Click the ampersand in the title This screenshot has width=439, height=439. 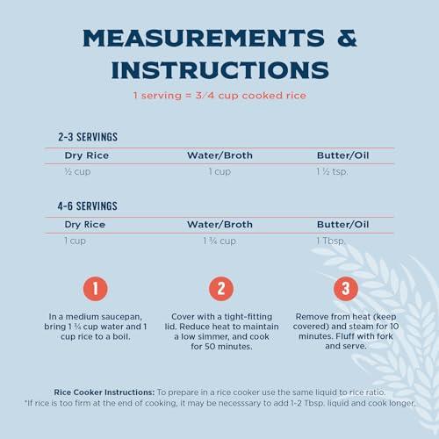click(347, 38)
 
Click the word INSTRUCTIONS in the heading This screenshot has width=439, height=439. click(220, 70)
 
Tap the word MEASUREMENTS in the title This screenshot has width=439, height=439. click(204, 38)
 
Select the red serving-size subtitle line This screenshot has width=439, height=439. click(219, 96)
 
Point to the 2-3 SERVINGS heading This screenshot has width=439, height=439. click(88, 137)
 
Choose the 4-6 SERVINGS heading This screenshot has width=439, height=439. click(88, 206)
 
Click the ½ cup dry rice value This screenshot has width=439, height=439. click(77, 171)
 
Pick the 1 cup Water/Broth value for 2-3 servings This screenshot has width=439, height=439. click(219, 171)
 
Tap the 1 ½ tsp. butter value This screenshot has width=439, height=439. click(332, 171)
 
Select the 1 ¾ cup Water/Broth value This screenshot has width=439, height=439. click(219, 241)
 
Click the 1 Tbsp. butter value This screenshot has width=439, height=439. click(331, 241)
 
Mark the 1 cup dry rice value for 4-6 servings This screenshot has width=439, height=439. click(75, 241)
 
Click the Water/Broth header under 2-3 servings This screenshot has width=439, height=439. click(219, 155)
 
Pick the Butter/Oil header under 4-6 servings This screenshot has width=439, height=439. click(342, 225)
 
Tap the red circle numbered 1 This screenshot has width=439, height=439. click(96, 289)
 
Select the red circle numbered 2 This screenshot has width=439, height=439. click(221, 289)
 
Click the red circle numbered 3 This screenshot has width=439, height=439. click(346, 289)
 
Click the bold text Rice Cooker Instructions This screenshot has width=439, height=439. click(104, 392)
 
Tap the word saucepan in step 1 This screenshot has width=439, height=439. click(121, 317)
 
